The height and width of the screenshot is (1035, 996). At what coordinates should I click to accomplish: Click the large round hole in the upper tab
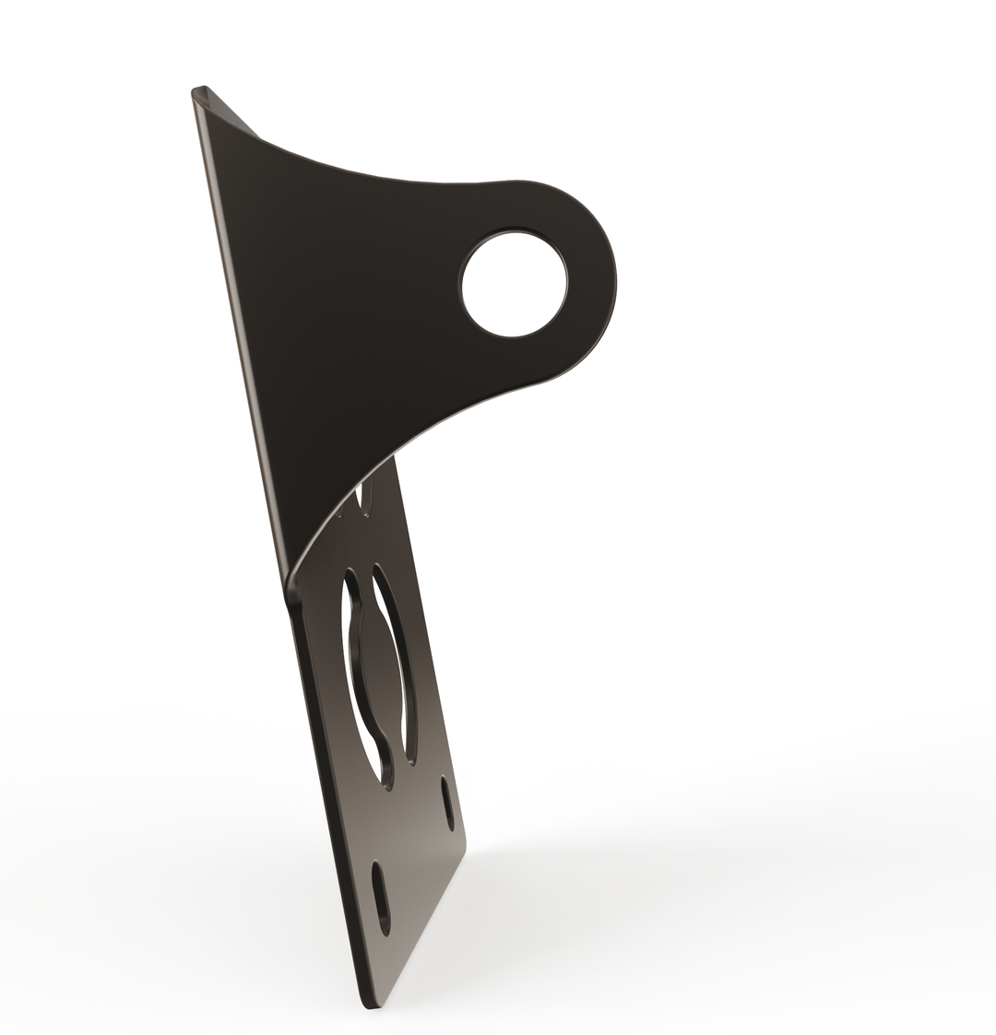click(515, 284)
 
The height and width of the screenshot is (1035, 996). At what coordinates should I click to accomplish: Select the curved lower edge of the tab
click(415, 432)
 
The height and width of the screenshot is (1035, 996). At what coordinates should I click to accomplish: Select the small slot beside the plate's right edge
click(447, 803)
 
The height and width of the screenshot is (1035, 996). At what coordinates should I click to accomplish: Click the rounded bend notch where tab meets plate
click(293, 590)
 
